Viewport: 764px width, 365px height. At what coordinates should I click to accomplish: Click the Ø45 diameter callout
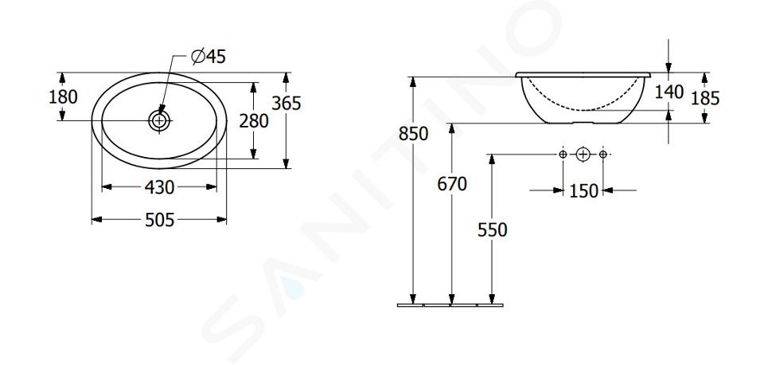click(x=209, y=57)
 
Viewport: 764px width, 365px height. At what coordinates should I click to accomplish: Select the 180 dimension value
click(x=63, y=97)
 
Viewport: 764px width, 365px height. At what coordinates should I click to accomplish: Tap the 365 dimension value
click(x=286, y=104)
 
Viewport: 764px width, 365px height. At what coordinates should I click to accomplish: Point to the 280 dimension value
click(x=253, y=121)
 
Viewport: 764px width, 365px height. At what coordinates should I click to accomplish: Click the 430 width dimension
click(x=159, y=187)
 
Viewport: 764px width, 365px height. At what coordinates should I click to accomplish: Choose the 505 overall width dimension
click(x=159, y=220)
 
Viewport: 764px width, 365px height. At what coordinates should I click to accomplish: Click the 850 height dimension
click(x=413, y=134)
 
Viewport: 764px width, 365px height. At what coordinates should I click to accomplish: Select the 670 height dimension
click(x=452, y=184)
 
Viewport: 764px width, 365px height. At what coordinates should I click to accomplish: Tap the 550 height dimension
click(x=492, y=230)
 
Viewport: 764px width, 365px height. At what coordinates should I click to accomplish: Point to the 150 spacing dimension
click(x=583, y=190)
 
